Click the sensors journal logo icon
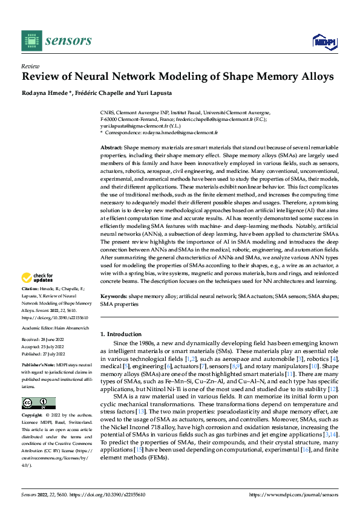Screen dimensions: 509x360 click(x=30, y=41)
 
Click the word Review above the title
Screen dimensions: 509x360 click(x=30, y=66)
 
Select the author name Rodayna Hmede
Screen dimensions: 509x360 click(x=42, y=92)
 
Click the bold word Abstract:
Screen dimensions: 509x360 click(x=111, y=148)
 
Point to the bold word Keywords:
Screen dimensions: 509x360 click(x=113, y=297)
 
